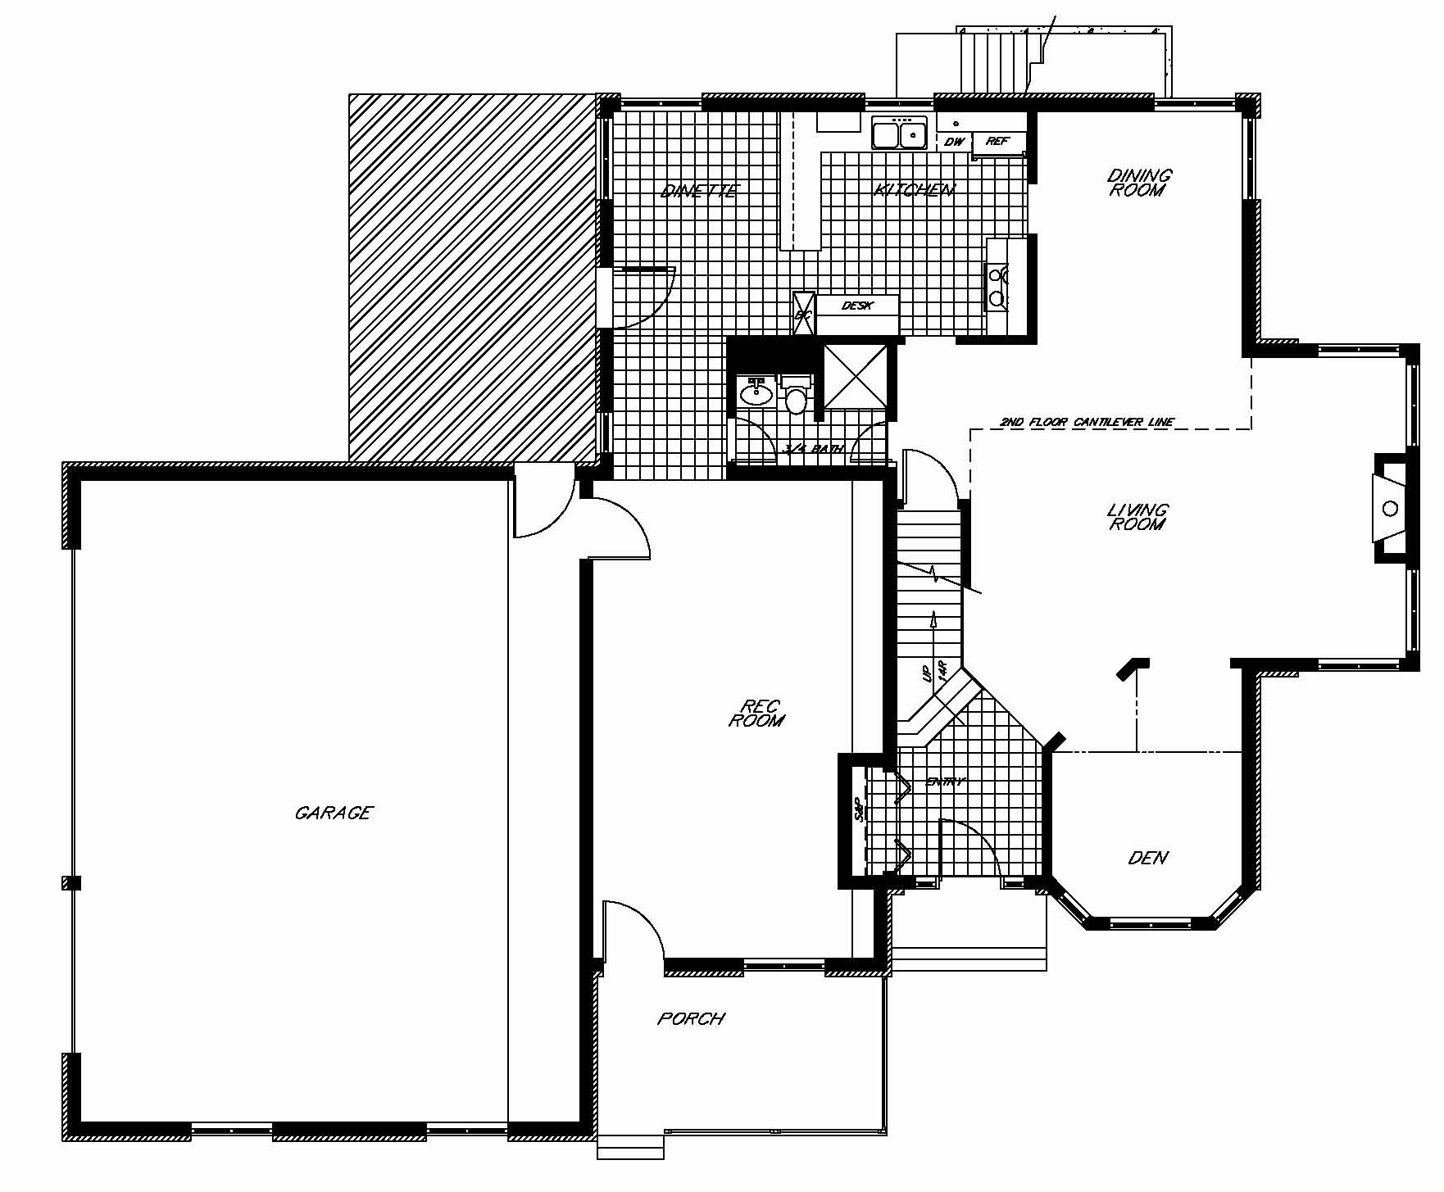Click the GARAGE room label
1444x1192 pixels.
click(334, 813)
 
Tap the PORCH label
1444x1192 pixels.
click(691, 1018)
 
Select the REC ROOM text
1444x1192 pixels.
click(756, 713)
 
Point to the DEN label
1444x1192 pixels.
click(1148, 858)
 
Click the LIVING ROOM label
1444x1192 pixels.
click(1137, 517)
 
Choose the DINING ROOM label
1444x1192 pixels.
click(1139, 182)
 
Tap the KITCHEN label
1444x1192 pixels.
click(915, 190)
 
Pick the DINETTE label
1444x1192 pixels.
click(700, 192)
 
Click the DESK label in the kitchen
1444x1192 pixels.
click(857, 306)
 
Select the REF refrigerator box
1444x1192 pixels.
click(998, 142)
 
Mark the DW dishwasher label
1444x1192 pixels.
click(953, 142)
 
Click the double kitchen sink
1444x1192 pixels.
click(899, 133)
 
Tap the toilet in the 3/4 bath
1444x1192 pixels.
click(797, 397)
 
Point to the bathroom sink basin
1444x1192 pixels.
click(756, 394)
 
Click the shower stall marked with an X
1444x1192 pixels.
click(856, 376)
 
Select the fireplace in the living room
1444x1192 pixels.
click(1390, 509)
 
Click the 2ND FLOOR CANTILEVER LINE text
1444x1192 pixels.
click(1087, 423)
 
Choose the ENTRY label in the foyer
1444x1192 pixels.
click(946, 782)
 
